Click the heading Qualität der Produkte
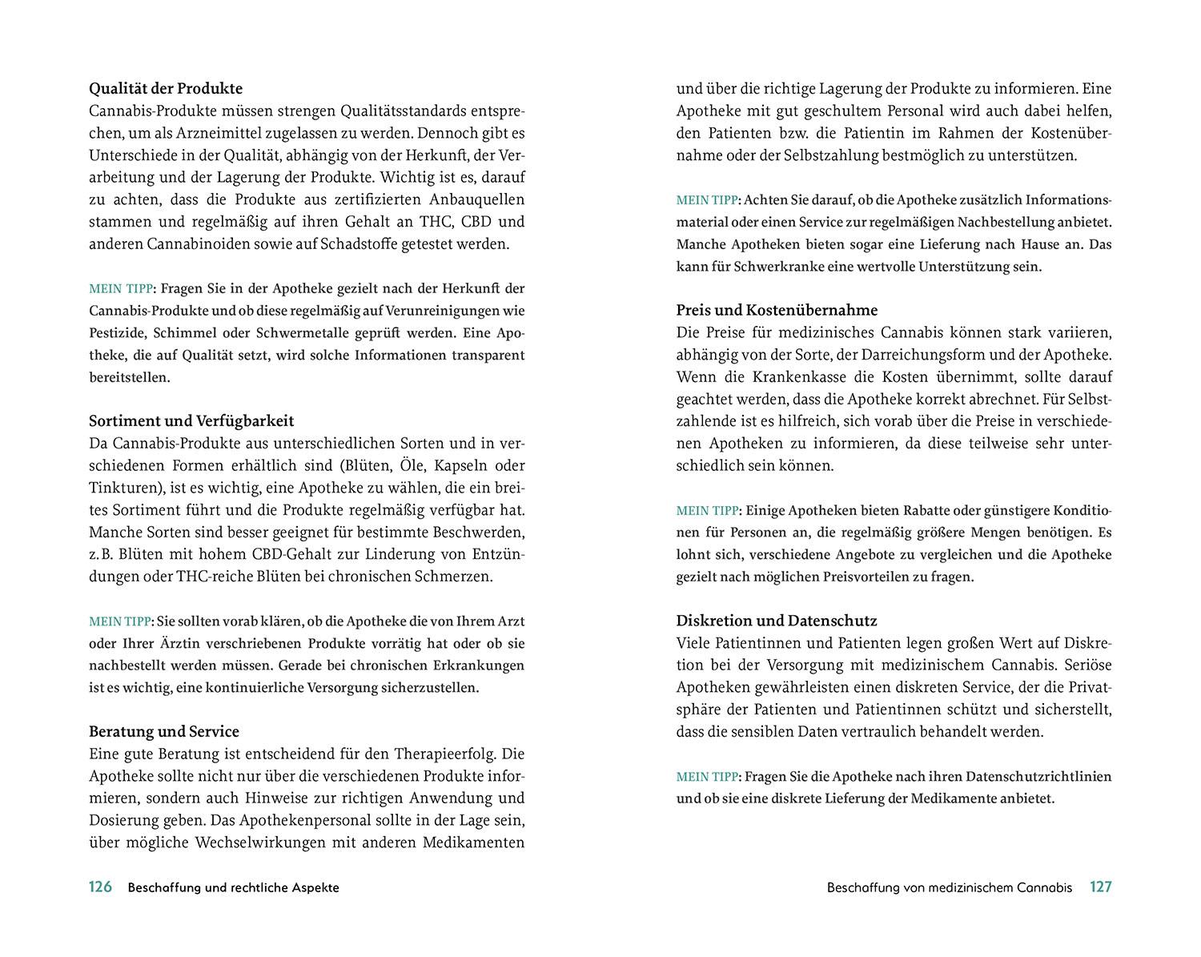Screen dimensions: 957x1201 (x=166, y=89)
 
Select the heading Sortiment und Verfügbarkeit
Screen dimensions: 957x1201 (x=191, y=420)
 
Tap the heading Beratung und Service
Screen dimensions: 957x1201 (x=164, y=731)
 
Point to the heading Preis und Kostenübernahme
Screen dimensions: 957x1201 (x=777, y=310)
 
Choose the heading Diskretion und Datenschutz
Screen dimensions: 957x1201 (x=777, y=621)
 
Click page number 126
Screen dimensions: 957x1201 (x=100, y=887)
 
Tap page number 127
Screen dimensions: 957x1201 (x=1100, y=887)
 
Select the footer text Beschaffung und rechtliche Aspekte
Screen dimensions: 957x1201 (x=233, y=887)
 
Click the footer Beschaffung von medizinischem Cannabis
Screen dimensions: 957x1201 (x=949, y=887)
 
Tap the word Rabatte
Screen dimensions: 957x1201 (x=929, y=510)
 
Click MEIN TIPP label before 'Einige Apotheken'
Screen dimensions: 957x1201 (x=708, y=510)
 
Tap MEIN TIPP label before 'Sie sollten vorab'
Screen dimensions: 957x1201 (x=120, y=621)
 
